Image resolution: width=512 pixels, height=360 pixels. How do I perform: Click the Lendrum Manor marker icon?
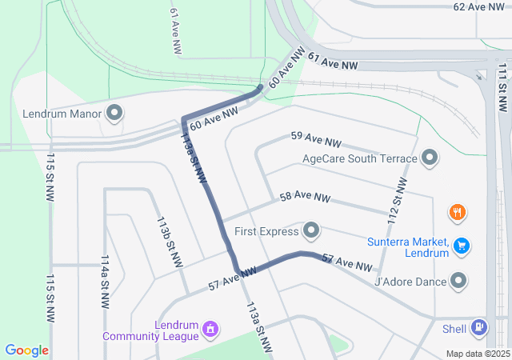click(114, 113)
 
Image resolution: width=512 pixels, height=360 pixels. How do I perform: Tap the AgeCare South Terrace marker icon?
click(430, 158)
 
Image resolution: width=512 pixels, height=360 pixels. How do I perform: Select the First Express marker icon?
click(311, 232)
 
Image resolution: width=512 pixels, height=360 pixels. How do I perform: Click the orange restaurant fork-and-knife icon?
click(458, 213)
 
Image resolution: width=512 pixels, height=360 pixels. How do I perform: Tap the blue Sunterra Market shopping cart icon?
click(460, 246)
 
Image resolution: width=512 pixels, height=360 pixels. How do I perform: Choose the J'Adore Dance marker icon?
click(458, 281)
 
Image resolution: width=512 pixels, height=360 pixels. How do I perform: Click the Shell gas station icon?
click(478, 326)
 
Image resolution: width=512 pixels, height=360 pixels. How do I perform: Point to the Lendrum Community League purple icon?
click(210, 328)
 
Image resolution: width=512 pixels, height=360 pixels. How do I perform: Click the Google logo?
click(26, 350)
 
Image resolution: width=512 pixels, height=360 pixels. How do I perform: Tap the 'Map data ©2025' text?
click(478, 354)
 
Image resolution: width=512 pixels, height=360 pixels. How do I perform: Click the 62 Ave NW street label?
click(479, 6)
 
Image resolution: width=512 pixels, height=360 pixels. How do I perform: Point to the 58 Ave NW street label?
click(305, 197)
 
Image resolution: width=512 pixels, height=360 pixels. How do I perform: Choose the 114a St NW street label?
click(105, 282)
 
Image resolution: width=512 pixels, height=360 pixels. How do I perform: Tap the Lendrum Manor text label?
click(63, 113)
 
